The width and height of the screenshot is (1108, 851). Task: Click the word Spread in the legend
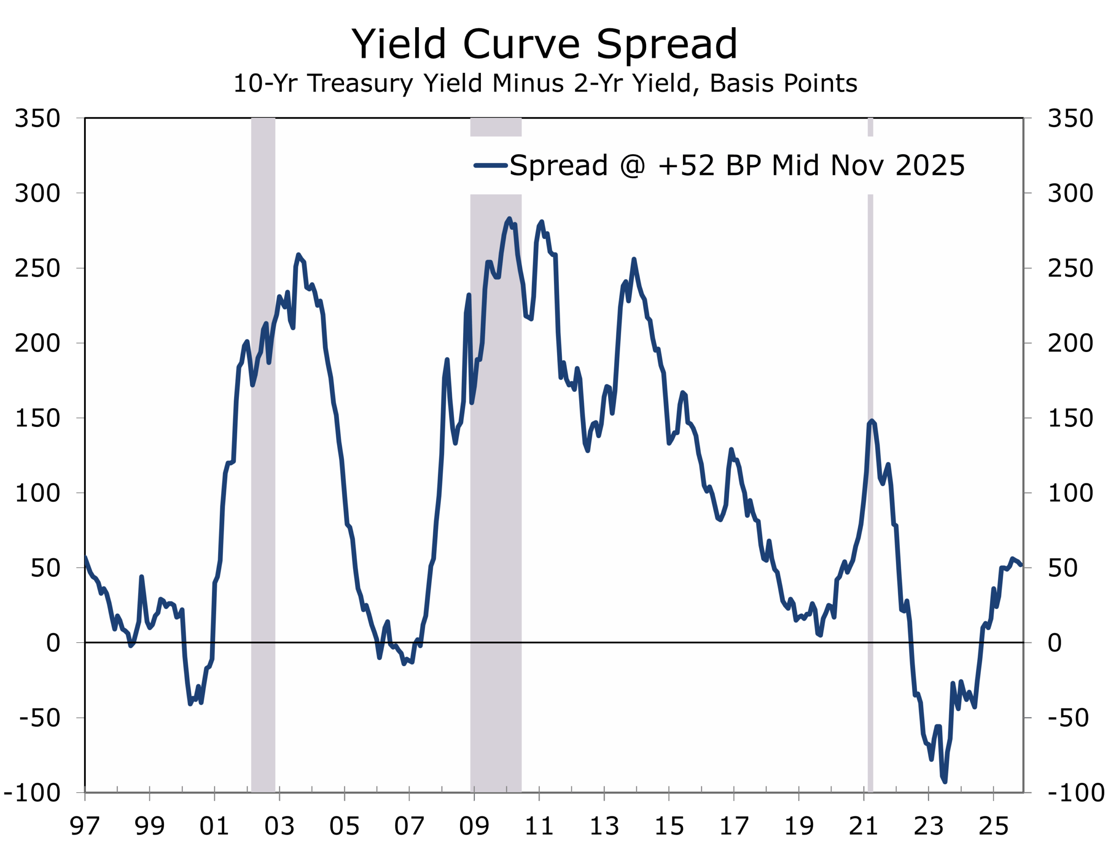558,166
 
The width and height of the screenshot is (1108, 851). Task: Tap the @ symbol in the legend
632,166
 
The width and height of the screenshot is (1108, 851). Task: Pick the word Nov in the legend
855,166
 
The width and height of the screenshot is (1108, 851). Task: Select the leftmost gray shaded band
263,456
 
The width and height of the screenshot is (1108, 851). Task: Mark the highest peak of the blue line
509,219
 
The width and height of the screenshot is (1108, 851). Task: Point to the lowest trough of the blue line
945,782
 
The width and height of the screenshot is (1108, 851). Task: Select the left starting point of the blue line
86,558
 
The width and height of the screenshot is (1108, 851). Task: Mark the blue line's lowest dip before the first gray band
190,703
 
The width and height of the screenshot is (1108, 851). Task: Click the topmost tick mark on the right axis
1027,118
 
